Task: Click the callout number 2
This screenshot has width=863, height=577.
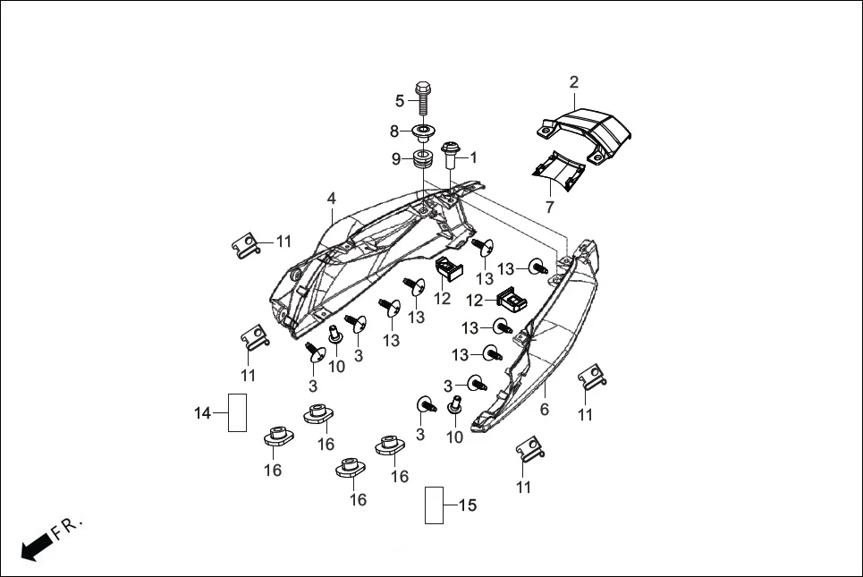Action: coord(574,83)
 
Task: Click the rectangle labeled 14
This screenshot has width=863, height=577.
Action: coord(237,412)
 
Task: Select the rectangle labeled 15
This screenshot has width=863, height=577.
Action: coord(435,505)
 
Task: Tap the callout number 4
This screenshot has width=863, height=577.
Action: coord(331,198)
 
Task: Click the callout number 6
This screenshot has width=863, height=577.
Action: coord(545,410)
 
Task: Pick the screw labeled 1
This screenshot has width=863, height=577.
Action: coord(451,157)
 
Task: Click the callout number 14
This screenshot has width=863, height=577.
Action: coord(203,412)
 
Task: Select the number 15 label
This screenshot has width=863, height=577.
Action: coord(467,505)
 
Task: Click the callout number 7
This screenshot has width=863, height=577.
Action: coord(549,207)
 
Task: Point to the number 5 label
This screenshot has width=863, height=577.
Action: coord(400,100)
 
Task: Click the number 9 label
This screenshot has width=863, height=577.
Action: coord(395,159)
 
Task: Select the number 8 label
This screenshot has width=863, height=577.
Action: coord(393,132)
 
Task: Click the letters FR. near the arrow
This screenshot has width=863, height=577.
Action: coord(68,528)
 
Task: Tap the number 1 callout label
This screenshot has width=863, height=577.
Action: coord(473,157)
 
